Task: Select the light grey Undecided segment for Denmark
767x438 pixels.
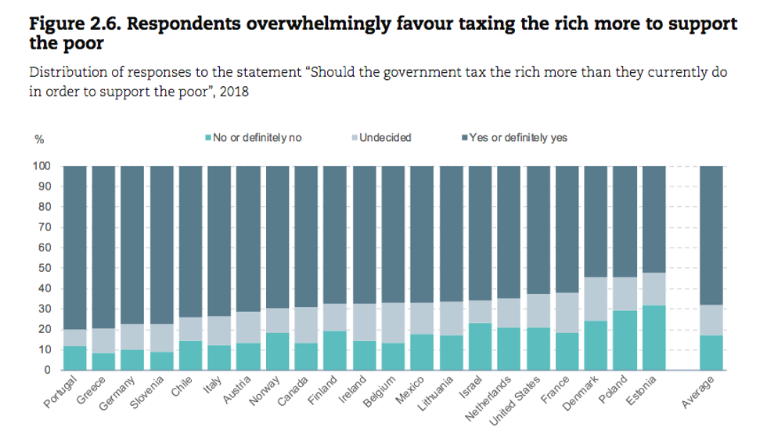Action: [x=596, y=299]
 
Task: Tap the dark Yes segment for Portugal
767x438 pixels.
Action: [x=74, y=247]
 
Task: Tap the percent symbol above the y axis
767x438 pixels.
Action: [x=39, y=139]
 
